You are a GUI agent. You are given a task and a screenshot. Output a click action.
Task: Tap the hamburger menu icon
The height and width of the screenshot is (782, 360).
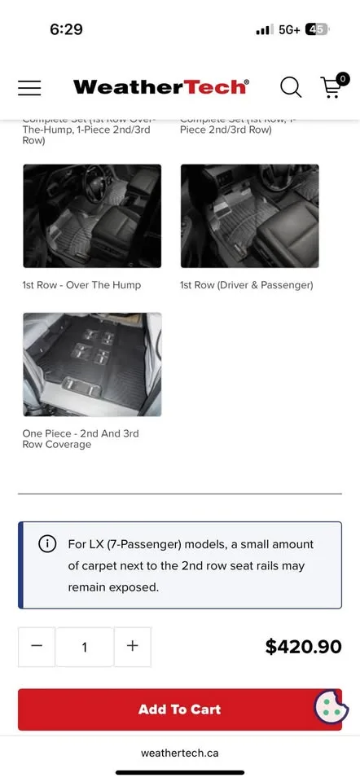[29, 87]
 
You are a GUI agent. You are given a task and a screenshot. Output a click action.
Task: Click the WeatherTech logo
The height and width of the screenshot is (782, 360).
[160, 87]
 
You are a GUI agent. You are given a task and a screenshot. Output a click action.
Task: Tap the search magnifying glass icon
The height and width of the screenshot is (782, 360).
[291, 87]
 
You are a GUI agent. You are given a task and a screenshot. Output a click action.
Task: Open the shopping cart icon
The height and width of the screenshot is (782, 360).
[331, 86]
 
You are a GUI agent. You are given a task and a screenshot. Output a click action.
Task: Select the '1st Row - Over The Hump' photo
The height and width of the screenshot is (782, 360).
[92, 216]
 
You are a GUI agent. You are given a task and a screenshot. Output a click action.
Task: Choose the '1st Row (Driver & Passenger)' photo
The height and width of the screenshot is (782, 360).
[249, 216]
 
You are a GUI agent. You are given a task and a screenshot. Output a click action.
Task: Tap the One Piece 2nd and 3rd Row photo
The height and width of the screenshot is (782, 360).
[92, 364]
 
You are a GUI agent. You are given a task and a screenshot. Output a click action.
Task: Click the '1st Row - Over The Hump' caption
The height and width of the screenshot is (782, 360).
[81, 285]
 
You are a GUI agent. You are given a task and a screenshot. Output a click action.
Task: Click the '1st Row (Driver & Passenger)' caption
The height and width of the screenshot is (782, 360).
[246, 285]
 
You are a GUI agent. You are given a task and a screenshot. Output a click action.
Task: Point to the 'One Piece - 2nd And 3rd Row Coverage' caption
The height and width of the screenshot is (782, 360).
[81, 439]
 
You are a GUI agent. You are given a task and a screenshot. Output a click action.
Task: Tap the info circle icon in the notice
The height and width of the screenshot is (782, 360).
[48, 544]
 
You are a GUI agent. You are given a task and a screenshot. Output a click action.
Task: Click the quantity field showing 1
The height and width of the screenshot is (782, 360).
[84, 648]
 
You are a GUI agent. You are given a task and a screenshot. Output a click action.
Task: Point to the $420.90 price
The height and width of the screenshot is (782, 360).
[303, 647]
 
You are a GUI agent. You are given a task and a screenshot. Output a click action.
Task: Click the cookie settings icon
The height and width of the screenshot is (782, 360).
[331, 707]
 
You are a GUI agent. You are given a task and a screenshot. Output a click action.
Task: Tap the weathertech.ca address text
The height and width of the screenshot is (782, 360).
[179, 753]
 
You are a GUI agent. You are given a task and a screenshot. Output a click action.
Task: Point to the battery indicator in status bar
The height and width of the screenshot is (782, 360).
[317, 29]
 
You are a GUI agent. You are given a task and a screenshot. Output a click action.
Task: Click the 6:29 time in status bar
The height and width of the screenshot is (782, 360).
[66, 29]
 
